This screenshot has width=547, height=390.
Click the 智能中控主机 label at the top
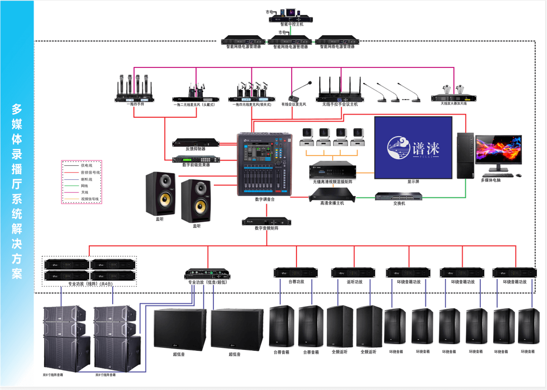tap(292, 24)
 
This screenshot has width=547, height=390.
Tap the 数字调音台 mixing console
tap(265, 164)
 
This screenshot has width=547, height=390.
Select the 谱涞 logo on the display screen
tap(413, 146)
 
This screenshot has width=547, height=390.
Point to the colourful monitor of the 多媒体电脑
tap(499, 153)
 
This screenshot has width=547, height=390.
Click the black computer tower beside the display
tap(465, 155)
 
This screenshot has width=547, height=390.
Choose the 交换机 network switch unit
tap(399, 196)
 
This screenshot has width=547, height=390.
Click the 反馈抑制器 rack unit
tap(196, 142)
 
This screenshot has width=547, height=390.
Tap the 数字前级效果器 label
tap(196, 165)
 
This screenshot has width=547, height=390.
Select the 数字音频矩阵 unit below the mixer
tap(266, 222)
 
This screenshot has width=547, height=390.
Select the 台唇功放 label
tap(296, 282)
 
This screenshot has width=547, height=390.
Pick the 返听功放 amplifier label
tap(354, 282)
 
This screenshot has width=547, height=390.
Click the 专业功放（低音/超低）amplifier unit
tap(207, 275)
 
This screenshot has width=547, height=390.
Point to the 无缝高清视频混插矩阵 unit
tap(332, 170)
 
